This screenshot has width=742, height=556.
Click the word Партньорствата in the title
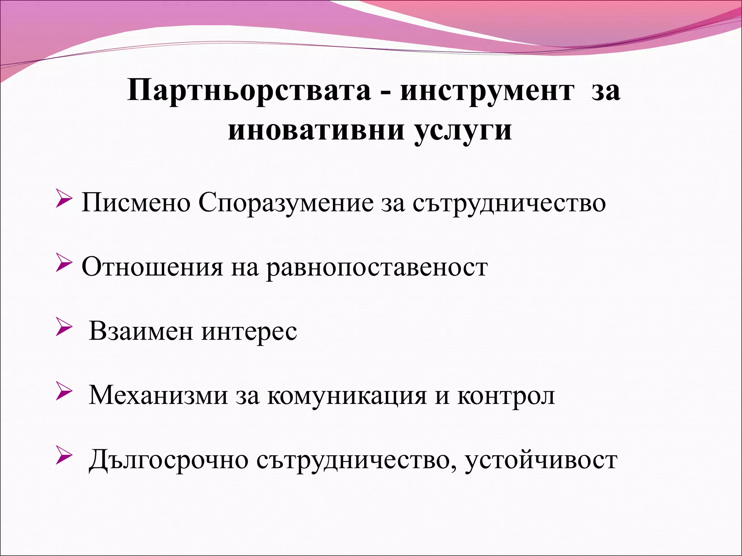[x=249, y=91]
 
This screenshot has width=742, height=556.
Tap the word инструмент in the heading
[x=487, y=91]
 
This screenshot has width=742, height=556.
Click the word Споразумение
[x=286, y=203]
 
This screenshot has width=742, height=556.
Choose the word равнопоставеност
[x=377, y=267]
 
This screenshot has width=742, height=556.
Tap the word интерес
[x=249, y=331]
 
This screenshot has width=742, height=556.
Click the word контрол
[x=506, y=395]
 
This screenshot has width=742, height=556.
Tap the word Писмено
[x=136, y=203]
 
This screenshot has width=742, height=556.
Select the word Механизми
[x=158, y=395]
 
